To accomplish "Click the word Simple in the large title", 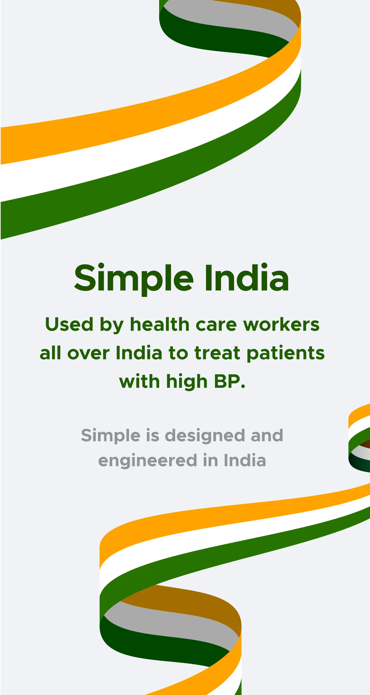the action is [x=134, y=279].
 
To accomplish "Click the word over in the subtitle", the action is [x=89, y=353].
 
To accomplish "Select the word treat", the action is [x=217, y=353].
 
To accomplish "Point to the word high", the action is [x=187, y=382].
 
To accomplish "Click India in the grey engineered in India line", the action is [x=245, y=460].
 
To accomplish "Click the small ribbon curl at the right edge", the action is [x=359, y=438].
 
